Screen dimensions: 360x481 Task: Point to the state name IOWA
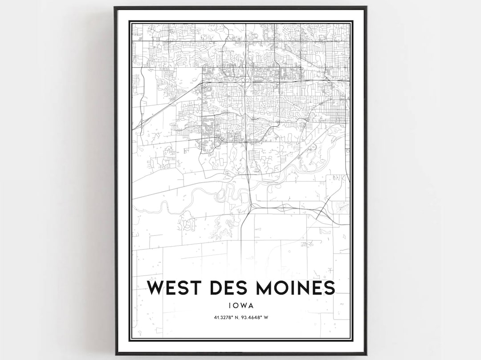[x=241, y=306]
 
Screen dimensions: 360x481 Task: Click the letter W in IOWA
[x=244, y=306]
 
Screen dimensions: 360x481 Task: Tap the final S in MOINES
[x=329, y=288]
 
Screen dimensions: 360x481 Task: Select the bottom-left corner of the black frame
[x=115, y=354]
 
